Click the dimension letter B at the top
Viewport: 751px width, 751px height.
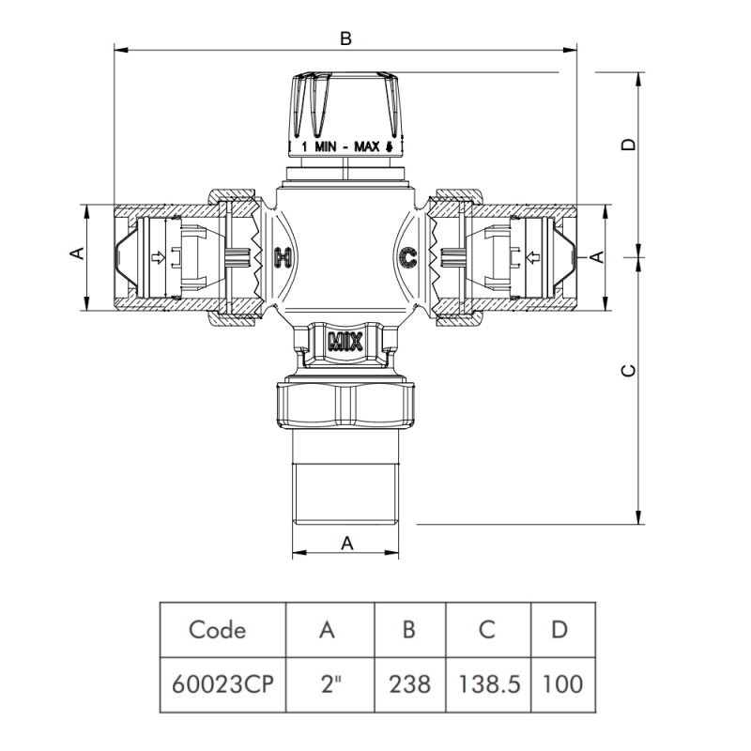tap(345, 38)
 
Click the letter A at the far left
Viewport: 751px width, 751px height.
tap(80, 253)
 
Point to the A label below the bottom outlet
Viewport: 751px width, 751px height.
tap(346, 542)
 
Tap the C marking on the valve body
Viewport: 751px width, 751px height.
tap(408, 256)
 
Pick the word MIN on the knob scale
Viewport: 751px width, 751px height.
tap(325, 146)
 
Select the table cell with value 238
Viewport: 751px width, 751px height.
tap(409, 682)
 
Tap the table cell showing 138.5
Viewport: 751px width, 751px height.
tap(486, 682)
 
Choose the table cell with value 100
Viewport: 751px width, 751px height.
tap(560, 682)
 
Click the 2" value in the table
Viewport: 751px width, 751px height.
tap(328, 682)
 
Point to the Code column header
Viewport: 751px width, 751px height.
tap(218, 630)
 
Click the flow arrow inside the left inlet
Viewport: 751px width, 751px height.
tap(159, 257)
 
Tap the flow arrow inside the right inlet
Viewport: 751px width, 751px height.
tap(532, 257)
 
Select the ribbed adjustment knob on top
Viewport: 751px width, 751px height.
tap(345, 103)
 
